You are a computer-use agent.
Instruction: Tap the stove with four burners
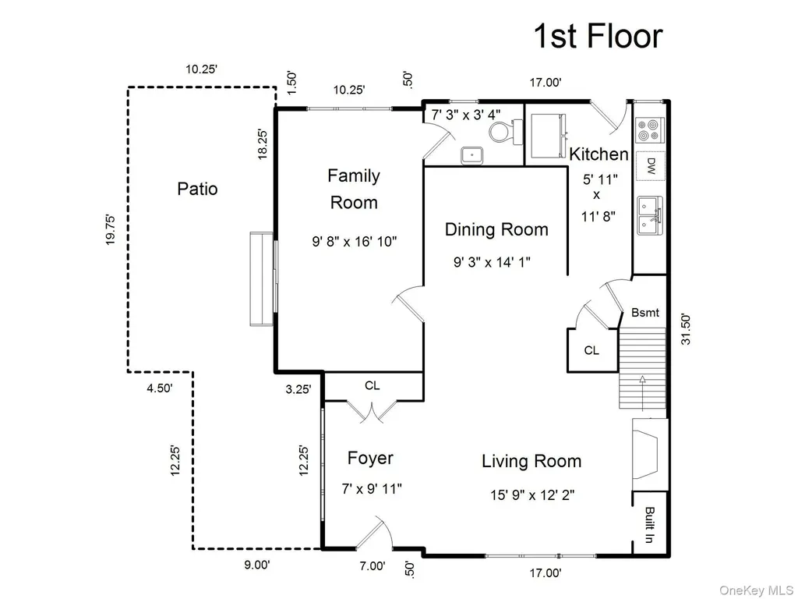point(649,129)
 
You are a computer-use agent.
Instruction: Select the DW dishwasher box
point(650,165)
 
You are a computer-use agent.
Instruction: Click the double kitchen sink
point(650,215)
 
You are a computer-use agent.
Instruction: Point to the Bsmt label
point(644,312)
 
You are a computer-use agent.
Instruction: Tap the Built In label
point(649,525)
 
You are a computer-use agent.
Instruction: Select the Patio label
point(197,189)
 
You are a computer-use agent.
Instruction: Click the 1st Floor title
point(598,36)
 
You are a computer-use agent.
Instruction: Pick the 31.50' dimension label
point(686,330)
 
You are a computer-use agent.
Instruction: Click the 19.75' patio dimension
point(110,230)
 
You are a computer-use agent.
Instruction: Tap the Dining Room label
point(496,229)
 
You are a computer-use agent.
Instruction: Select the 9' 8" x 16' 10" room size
point(355,241)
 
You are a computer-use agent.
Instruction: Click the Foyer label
point(370,458)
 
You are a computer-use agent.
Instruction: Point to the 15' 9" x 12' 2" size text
point(532,494)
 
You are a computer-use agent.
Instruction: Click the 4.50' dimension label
point(160,388)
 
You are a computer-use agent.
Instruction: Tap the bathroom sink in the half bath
point(472,155)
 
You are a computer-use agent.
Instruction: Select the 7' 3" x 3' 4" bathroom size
point(466,115)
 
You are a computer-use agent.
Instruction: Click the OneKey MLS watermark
point(756,590)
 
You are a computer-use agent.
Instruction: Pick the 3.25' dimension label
point(298,389)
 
